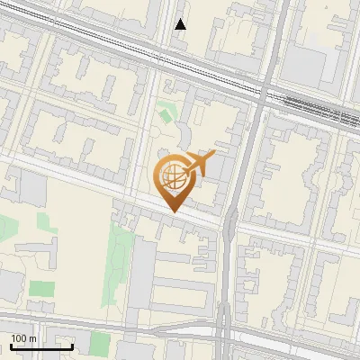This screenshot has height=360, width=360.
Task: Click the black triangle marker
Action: (x=181, y=24)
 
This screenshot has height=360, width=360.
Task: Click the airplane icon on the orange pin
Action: (x=200, y=164)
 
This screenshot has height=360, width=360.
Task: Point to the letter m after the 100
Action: (x=32, y=338)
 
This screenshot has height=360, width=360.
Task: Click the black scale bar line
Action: (x=40, y=346)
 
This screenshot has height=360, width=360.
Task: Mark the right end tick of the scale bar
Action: (x=72, y=345)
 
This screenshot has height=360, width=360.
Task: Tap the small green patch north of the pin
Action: (x=165, y=114)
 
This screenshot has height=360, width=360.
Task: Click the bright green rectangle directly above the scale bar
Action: (x=41, y=289)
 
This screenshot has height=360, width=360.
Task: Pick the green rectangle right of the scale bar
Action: (x=100, y=343)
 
